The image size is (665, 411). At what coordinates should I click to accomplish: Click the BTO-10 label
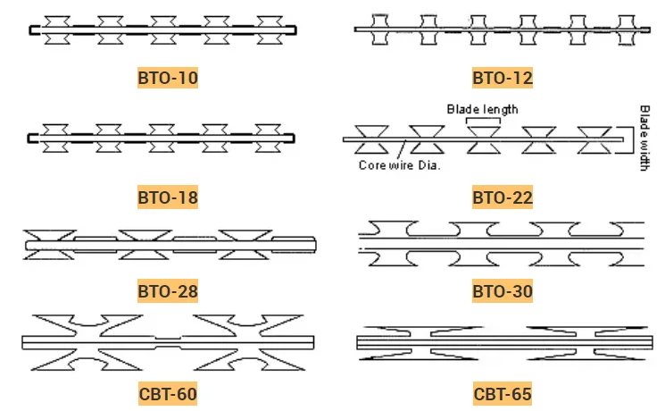click(x=168, y=78)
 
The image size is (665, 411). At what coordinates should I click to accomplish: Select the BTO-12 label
click(x=503, y=78)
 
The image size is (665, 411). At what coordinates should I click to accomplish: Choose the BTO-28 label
click(x=168, y=290)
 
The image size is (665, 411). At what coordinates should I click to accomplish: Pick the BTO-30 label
click(x=503, y=290)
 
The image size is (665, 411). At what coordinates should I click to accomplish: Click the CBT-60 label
click(x=168, y=393)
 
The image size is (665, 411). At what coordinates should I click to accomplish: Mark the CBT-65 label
click(x=503, y=393)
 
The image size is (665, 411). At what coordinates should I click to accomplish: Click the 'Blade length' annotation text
click(x=482, y=109)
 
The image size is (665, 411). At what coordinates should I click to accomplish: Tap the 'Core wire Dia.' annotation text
click(x=400, y=164)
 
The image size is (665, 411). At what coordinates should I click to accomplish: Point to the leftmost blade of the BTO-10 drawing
click(x=57, y=29)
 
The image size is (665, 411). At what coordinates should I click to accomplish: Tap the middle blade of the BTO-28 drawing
click(x=145, y=243)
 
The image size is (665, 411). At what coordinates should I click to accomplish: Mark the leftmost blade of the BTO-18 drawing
click(x=57, y=137)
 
